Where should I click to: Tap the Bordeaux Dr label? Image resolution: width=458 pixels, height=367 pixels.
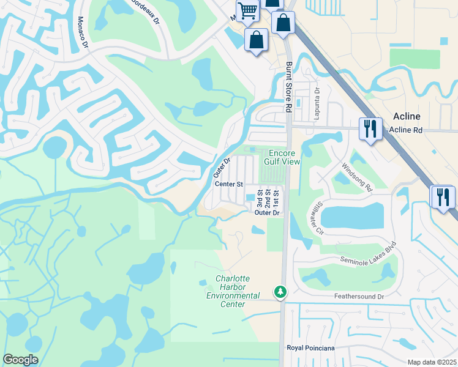click(145, 11)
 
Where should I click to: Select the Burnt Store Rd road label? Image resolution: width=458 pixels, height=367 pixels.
click(288, 86)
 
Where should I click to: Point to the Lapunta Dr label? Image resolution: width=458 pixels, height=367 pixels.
click(317, 99)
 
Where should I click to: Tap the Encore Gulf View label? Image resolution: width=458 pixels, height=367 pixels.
click(282, 157)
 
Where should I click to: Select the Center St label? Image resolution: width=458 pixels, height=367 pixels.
click(229, 183)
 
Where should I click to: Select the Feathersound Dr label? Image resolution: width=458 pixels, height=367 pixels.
click(358, 297)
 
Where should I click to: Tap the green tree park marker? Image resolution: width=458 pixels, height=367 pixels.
click(280, 292)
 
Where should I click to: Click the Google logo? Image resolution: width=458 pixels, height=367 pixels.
click(21, 360)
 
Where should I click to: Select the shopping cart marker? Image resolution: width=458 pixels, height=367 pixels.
click(247, 10)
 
